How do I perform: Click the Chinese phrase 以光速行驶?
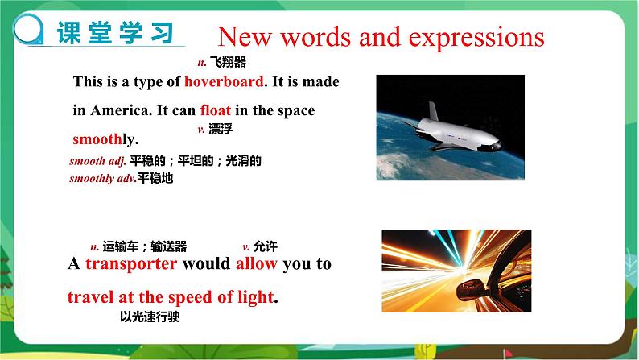pyautogui.click(x=149, y=317)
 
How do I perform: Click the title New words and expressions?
pyautogui.click(x=381, y=37)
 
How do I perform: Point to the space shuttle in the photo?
pyautogui.click(x=454, y=126)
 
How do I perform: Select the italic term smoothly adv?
pyautogui.click(x=102, y=178)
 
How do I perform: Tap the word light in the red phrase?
pyautogui.click(x=253, y=297)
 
